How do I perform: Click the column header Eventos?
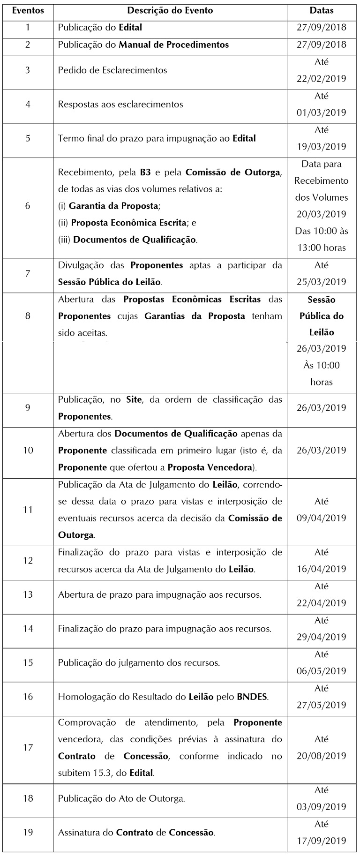(28, 10)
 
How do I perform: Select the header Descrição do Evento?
(170, 10)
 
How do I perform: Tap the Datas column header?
(322, 10)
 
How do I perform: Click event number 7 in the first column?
(28, 274)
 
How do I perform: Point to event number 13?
(28, 594)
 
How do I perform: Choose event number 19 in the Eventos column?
(28, 832)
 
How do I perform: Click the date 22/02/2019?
(322, 79)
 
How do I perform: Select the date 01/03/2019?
(322, 113)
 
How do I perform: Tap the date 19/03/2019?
(322, 147)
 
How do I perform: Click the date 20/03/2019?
(322, 214)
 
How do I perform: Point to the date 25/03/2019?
(322, 282)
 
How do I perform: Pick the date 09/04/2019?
(322, 518)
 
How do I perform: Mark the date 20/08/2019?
(322, 756)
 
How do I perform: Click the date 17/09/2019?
(322, 841)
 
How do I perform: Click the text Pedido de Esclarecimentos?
(112, 70)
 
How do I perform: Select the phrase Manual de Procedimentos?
(174, 45)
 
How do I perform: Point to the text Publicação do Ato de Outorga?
(121, 798)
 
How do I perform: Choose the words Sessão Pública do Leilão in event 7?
(109, 282)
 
